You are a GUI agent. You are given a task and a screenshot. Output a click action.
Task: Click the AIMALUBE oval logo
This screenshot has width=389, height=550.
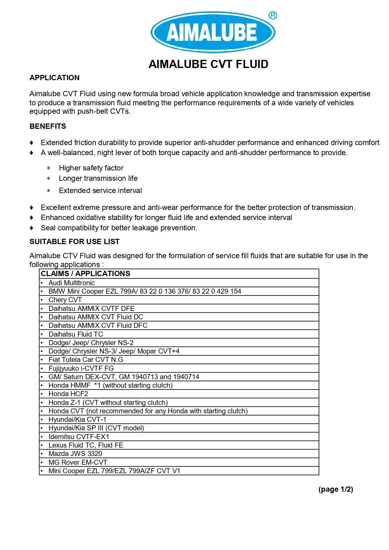[213, 32]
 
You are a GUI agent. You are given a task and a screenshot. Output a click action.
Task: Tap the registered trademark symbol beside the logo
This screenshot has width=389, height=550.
[273, 15]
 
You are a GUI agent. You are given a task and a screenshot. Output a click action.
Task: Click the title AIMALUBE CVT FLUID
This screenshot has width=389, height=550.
[208, 64]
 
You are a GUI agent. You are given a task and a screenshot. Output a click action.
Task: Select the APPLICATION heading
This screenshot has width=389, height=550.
[55, 78]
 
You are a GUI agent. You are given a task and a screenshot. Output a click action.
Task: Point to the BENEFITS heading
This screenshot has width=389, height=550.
[48, 126]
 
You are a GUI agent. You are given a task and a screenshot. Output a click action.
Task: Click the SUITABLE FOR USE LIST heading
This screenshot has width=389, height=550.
[75, 242]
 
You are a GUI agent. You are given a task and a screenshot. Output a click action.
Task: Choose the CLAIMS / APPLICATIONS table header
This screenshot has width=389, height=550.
[86, 274]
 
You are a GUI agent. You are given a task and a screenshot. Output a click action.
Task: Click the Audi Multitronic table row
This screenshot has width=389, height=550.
[71, 283]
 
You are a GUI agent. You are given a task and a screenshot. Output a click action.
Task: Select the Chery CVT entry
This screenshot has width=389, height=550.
[65, 300]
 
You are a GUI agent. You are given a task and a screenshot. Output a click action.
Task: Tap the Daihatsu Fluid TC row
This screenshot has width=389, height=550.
[76, 334]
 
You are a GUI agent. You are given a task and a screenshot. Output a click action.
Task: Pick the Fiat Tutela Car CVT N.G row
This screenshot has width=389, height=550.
[86, 360]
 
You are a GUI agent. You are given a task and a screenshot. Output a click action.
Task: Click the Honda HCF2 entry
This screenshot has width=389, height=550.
[68, 394]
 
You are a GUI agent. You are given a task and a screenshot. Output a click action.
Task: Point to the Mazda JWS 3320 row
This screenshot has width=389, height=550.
[75, 454]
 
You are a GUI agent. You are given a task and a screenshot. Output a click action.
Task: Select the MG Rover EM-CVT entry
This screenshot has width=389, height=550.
[78, 462]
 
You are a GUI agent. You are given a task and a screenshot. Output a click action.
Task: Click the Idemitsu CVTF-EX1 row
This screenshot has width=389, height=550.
[79, 437]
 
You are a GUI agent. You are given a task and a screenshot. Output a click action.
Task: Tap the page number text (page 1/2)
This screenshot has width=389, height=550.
[335, 489]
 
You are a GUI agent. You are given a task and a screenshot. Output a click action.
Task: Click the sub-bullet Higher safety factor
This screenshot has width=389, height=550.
[91, 168]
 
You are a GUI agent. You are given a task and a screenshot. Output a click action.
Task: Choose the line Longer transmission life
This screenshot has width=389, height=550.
[98, 178]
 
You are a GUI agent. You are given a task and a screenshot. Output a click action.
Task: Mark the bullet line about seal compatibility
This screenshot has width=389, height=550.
[119, 228]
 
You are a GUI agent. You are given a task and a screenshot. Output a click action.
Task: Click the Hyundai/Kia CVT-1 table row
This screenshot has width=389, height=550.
[77, 420]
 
